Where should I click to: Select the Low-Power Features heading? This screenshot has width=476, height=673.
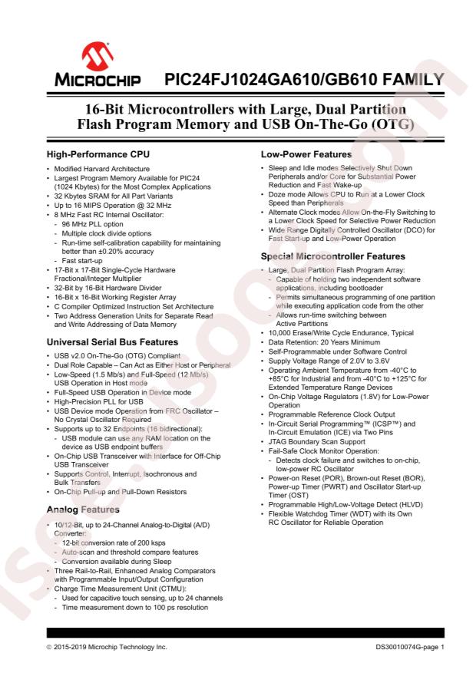click(310, 154)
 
